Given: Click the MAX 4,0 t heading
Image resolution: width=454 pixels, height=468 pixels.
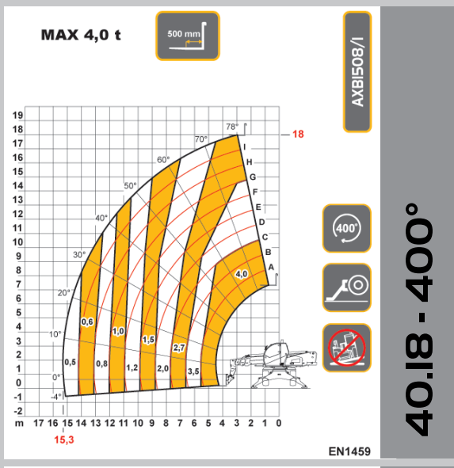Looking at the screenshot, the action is point(81,35).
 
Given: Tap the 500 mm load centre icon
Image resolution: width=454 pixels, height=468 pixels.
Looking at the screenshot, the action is point(188,36).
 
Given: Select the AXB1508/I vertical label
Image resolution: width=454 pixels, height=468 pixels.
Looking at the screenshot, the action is point(357,72).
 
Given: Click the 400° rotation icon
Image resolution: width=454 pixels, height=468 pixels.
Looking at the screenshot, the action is point(347,228).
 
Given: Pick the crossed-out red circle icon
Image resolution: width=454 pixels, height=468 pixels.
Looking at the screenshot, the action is point(347,348).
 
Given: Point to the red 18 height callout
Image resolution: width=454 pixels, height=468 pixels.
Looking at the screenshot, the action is point(298,134).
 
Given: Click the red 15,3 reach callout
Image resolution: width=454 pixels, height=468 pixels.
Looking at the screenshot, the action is point(64,439).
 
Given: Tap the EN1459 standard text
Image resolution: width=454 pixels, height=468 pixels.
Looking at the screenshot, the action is point(349,451).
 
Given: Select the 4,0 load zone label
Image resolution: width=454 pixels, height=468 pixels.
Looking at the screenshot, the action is point(242,274).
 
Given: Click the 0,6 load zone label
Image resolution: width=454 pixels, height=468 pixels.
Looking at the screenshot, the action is point(87,322).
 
